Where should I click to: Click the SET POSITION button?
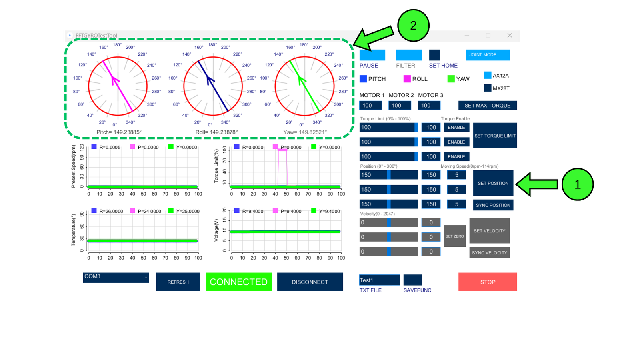493,183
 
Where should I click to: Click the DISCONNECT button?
310,282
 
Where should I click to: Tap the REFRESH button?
178,282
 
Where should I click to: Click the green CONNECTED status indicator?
238,282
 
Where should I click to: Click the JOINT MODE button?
487,55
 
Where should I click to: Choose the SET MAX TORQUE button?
487,106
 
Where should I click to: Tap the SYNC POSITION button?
493,205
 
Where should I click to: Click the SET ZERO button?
454,236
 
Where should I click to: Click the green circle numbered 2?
413,26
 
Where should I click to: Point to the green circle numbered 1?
577,184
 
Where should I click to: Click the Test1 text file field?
379,280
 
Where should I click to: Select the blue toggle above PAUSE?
372,55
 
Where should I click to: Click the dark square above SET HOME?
434,55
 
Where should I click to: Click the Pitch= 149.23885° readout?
119,132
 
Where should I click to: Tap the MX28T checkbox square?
488,88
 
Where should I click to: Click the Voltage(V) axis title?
216,230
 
